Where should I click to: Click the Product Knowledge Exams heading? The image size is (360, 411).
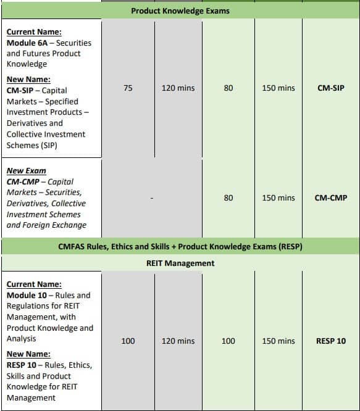click(180, 10)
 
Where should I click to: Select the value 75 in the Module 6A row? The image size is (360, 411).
click(128, 88)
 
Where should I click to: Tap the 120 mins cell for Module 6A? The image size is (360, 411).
click(178, 88)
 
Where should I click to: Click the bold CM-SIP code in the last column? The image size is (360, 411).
click(330, 88)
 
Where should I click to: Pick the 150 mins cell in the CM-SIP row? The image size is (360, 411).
click(278, 88)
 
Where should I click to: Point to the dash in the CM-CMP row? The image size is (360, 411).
click(151, 198)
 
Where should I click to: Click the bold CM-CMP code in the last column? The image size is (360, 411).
click(330, 198)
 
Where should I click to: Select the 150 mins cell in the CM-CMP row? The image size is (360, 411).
click(278, 198)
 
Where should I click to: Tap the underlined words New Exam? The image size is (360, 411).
click(27, 170)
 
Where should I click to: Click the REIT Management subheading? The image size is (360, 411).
click(180, 263)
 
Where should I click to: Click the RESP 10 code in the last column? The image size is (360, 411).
click(331, 341)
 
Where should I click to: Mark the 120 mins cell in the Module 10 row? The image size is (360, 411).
click(178, 341)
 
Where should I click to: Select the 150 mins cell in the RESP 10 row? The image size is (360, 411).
click(278, 341)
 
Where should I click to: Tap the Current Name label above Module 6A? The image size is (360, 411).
click(34, 31)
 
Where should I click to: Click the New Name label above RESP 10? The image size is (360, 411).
click(28, 354)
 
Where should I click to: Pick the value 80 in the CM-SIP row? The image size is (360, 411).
click(228, 88)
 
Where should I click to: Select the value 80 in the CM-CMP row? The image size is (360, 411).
click(228, 198)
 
